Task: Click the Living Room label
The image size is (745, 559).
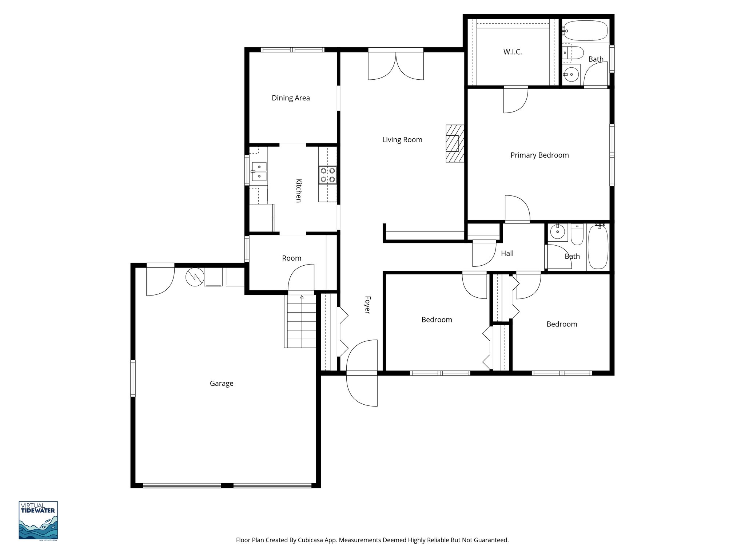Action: coord(402,140)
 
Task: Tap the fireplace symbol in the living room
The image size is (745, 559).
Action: coord(455,143)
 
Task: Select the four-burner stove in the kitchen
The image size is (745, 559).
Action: coord(327,175)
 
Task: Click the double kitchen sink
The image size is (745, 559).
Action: coord(259,172)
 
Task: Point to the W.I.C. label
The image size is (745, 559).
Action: coord(513,52)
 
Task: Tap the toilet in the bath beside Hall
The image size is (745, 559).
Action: coord(577,235)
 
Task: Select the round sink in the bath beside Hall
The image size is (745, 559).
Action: coord(557,232)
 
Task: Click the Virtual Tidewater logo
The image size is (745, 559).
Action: coord(38,520)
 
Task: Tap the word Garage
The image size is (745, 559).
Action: coord(222,383)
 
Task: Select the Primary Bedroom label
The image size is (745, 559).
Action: coord(539,155)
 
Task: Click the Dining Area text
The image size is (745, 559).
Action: coord(291,98)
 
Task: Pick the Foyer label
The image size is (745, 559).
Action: coord(367,305)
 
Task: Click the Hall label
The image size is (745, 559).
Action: coord(507,253)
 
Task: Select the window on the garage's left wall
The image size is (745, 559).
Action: coord(133,378)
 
